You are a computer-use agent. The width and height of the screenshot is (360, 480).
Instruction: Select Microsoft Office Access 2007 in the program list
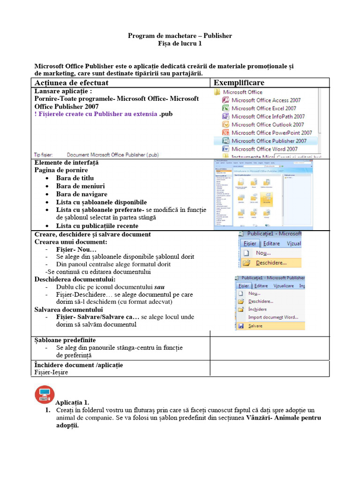pos(266,100)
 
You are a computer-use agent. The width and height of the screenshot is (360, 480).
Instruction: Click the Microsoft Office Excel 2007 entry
pos(263,108)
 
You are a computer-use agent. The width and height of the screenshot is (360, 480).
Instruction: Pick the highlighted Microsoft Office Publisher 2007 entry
pos(269,141)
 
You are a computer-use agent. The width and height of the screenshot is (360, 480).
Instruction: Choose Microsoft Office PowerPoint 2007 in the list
pos(271,133)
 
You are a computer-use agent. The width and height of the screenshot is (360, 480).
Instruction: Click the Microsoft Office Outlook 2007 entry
pos(267,125)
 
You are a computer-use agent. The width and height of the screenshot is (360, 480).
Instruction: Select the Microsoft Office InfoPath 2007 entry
pos(268,116)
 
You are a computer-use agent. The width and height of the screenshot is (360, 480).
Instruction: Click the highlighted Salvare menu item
pos(255,325)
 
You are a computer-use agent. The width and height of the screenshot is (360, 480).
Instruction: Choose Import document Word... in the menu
pos(273,317)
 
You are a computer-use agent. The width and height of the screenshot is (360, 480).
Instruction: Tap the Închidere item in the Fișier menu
pos(257,309)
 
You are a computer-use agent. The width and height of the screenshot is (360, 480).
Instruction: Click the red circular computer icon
pos(45,394)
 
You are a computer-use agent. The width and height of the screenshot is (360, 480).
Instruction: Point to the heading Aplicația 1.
pos(72,403)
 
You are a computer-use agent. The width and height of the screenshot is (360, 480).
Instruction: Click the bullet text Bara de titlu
pos(75,178)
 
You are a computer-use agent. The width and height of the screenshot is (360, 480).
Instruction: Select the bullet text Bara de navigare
pos(82,194)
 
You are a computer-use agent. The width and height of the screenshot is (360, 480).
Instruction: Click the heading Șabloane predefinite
pos(65,340)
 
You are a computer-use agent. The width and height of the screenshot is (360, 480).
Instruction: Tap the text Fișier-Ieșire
pos(51,372)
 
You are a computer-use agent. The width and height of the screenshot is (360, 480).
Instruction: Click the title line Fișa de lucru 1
pos(180,44)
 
